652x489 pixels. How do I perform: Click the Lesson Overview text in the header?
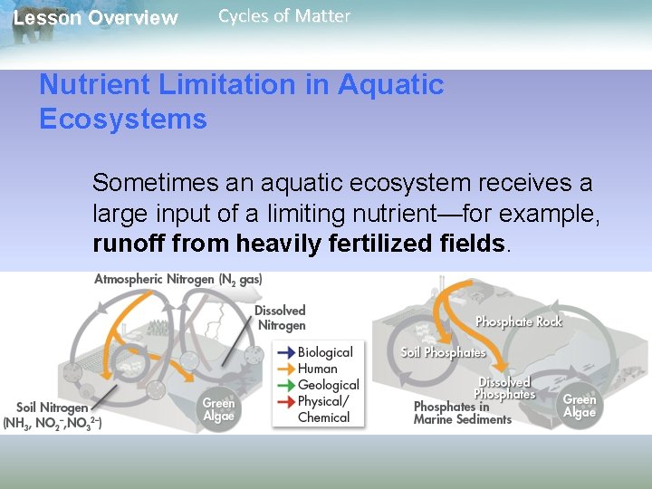pyautogui.click(x=95, y=18)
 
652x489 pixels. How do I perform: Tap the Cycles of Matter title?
pyautogui.click(x=284, y=16)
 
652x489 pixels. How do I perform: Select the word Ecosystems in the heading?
pyautogui.click(x=123, y=120)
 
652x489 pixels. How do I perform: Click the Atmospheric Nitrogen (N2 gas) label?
pyautogui.click(x=178, y=279)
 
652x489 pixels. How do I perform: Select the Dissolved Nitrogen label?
pyautogui.click(x=281, y=318)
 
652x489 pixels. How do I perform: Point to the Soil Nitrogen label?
pyautogui.click(x=53, y=408)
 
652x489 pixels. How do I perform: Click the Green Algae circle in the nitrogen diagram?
pyautogui.click(x=218, y=409)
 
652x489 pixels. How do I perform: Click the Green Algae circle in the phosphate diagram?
pyautogui.click(x=580, y=405)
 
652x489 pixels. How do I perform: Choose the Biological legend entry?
pyautogui.click(x=324, y=352)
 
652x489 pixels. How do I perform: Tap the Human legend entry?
pyautogui.click(x=317, y=369)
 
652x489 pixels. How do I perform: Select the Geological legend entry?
pyautogui.click(x=328, y=385)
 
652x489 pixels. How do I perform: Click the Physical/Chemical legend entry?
pyautogui.click(x=322, y=409)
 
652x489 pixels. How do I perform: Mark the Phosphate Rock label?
pyautogui.click(x=519, y=321)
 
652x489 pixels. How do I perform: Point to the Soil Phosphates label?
pyautogui.click(x=444, y=352)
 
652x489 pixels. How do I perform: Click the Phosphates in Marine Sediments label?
pyautogui.click(x=463, y=413)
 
